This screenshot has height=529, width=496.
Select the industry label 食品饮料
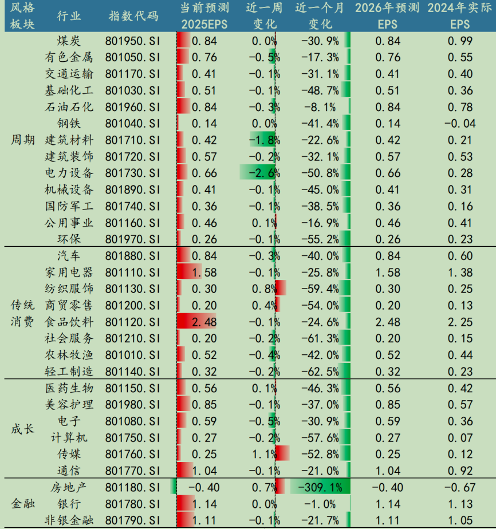pos(69,322)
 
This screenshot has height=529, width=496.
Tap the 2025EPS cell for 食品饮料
pos(203,322)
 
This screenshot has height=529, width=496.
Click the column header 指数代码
pos(133,16)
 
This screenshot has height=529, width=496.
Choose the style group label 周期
pos(23,140)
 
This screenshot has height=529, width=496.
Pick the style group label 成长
pos(23,429)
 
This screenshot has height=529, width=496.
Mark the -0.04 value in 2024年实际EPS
pos(459,124)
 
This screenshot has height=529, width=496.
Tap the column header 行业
pos(69,16)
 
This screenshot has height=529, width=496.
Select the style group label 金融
pos(23,504)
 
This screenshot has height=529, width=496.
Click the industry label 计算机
pos(69,437)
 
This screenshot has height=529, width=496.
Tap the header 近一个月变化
pos(321,16)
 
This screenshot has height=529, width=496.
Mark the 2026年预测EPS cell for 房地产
pos(387,487)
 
